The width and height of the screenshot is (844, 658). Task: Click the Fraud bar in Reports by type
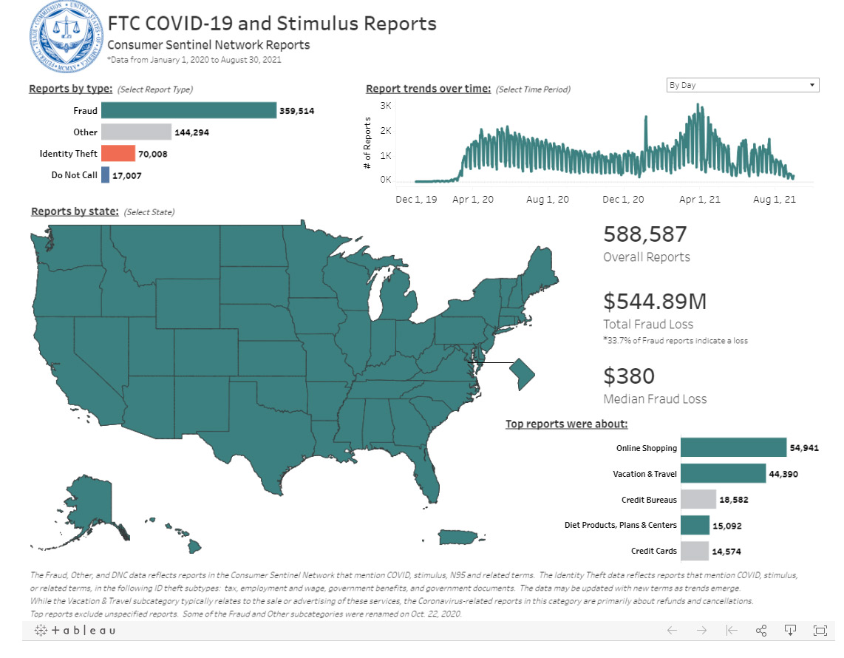(x=188, y=111)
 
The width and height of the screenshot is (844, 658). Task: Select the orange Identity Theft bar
(x=118, y=153)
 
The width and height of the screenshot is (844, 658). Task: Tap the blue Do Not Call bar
(x=106, y=175)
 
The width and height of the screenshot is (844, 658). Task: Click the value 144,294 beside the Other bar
(x=193, y=132)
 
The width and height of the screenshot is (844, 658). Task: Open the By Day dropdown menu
(x=742, y=85)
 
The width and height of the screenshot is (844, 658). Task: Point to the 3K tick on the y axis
(x=386, y=106)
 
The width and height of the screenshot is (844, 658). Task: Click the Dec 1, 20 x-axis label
(x=623, y=199)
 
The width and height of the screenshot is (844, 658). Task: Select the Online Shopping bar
(x=733, y=447)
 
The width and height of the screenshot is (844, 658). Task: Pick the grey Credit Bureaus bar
(x=698, y=499)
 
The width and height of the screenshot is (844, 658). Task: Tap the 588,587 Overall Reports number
(x=645, y=234)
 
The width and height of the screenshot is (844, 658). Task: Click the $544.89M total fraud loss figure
(x=655, y=302)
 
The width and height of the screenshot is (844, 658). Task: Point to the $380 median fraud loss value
(x=629, y=376)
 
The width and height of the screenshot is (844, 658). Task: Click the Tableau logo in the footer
(x=75, y=630)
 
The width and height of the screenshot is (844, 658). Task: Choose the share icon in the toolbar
(x=760, y=630)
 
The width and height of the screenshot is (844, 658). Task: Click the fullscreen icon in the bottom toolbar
(x=820, y=630)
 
